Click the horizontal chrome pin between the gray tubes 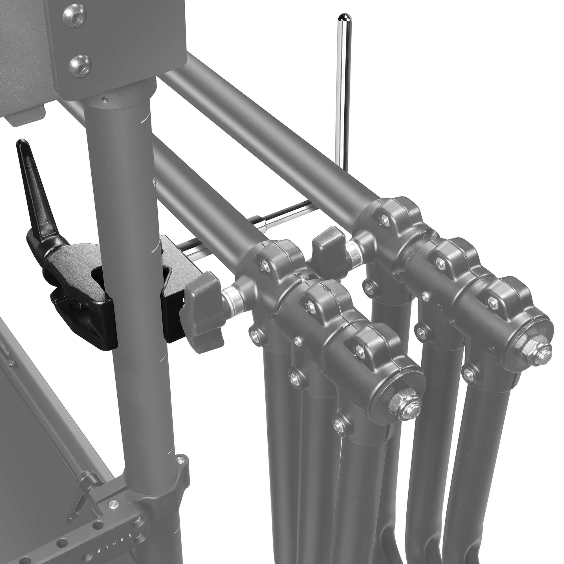pyautogui.click(x=285, y=217)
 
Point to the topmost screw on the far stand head pyautogui.click(x=385, y=221)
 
